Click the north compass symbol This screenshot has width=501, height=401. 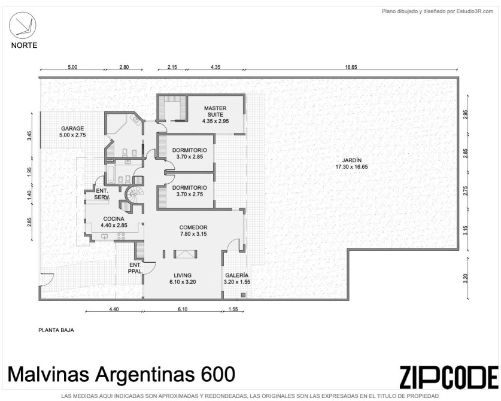point(22,25)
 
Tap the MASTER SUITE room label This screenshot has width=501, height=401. point(215,111)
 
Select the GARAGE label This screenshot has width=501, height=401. point(72,129)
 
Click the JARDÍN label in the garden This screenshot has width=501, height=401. point(351,160)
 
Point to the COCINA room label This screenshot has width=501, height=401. point(114,219)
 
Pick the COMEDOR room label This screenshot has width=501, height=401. point(193,227)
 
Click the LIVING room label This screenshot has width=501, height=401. point(183,275)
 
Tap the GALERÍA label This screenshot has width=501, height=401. point(237,275)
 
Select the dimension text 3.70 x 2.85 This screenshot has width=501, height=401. point(190,157)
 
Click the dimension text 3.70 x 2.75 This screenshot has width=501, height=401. point(190,194)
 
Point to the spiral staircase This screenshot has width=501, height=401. point(134,195)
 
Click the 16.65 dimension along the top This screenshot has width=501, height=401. point(351,67)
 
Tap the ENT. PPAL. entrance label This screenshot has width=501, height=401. point(135,268)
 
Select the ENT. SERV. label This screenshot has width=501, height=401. point(102,195)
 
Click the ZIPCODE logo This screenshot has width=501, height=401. point(449,377)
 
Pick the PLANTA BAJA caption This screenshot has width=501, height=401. point(56,330)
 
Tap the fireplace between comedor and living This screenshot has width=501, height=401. point(185,254)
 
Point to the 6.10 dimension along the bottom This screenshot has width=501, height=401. point(183,309)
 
